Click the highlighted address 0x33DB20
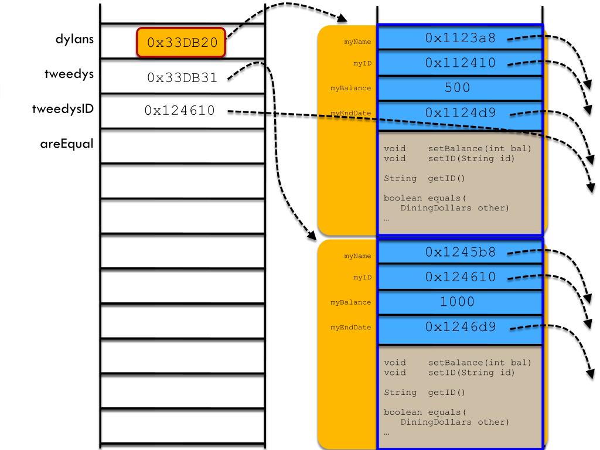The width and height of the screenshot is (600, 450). pyautogui.click(x=181, y=43)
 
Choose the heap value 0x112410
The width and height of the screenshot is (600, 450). pyautogui.click(x=460, y=63)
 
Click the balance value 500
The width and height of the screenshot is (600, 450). pyautogui.click(x=458, y=88)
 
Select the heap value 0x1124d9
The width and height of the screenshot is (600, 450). pyautogui.click(x=460, y=112)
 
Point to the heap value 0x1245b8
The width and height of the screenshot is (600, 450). pyautogui.click(x=460, y=253)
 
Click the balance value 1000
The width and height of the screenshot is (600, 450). pyautogui.click(x=458, y=302)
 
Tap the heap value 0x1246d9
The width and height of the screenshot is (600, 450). pyautogui.click(x=460, y=327)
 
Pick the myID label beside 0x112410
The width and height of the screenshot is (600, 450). pyautogui.click(x=363, y=63)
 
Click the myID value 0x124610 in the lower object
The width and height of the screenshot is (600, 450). pyautogui.click(x=460, y=277)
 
